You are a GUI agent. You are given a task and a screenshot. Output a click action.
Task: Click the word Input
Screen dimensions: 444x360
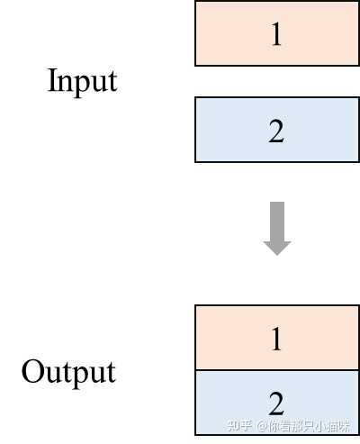82,81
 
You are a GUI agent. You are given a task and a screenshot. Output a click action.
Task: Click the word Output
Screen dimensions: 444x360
68,372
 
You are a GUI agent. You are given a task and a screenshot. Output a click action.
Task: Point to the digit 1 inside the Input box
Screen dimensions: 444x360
276,34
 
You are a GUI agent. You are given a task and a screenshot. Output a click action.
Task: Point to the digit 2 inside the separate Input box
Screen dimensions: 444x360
276,131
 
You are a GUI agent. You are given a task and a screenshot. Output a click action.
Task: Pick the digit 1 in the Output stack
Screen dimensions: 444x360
276,339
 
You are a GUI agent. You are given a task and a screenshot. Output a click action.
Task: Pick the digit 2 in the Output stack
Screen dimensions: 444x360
276,402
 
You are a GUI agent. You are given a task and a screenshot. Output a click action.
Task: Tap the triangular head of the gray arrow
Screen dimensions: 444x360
277,245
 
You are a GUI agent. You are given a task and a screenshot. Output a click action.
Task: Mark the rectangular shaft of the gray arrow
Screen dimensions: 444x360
277,218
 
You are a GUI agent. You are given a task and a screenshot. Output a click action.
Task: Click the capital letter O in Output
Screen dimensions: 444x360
31,372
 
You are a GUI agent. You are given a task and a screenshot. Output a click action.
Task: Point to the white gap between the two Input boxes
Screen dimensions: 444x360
276,81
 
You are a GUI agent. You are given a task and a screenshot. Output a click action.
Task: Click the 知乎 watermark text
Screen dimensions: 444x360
240,426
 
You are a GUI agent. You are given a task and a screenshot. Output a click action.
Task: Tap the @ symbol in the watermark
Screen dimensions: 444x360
262,427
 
